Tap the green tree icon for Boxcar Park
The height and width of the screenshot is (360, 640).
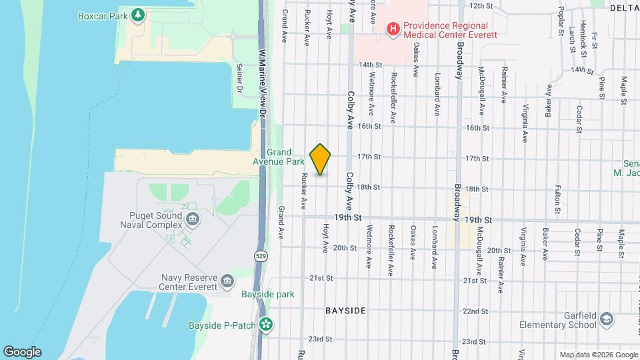tap(138, 15)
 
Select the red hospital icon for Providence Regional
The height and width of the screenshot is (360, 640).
tap(393, 29)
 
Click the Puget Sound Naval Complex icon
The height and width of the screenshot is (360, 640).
tap(193, 219)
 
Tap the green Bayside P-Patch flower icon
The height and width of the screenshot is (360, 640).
tap(267, 325)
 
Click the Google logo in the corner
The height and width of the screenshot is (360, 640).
tap(22, 352)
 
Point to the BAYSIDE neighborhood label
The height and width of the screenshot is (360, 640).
tap(345, 311)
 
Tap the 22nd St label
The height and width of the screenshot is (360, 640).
tap(475, 311)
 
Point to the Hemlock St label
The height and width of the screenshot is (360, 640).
tap(583, 33)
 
